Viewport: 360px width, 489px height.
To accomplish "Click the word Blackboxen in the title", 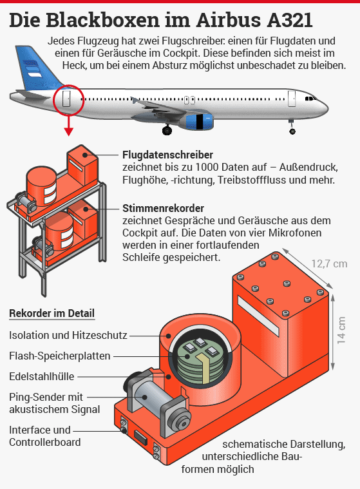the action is pyautogui.click(x=102, y=20).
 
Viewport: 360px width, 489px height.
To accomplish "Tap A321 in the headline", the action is pyautogui.click(x=286, y=20).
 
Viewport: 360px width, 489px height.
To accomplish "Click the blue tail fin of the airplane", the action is pyautogui.click(x=37, y=67).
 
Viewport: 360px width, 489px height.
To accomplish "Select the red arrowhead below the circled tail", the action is pyautogui.click(x=68, y=132).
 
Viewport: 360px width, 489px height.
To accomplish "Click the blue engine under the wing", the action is pyautogui.click(x=200, y=122).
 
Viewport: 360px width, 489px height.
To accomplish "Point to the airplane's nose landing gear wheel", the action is pyautogui.click(x=292, y=131).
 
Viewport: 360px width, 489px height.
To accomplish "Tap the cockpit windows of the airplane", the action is pyautogui.click(x=310, y=99).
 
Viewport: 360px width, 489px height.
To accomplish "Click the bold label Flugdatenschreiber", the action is pyautogui.click(x=167, y=155).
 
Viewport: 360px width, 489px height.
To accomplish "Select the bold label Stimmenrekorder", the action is pyautogui.click(x=163, y=208).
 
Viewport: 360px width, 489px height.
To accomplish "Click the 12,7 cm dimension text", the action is pyautogui.click(x=329, y=264).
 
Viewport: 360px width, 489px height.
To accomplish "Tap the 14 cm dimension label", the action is pyautogui.click(x=341, y=331).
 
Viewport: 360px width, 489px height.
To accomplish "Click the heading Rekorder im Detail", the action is pyautogui.click(x=52, y=313).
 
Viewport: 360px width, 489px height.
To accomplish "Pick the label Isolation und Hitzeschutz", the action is pyautogui.click(x=68, y=335).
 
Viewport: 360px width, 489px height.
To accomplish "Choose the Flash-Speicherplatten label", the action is pyautogui.click(x=59, y=356).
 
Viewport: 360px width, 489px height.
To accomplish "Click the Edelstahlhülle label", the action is pyautogui.click(x=41, y=376).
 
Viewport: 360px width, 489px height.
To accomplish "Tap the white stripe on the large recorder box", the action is pyautogui.click(x=258, y=316).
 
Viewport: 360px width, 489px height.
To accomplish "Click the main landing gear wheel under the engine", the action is pyautogui.click(x=167, y=129).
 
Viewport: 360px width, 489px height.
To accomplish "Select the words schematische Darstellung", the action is pyautogui.click(x=283, y=444).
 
